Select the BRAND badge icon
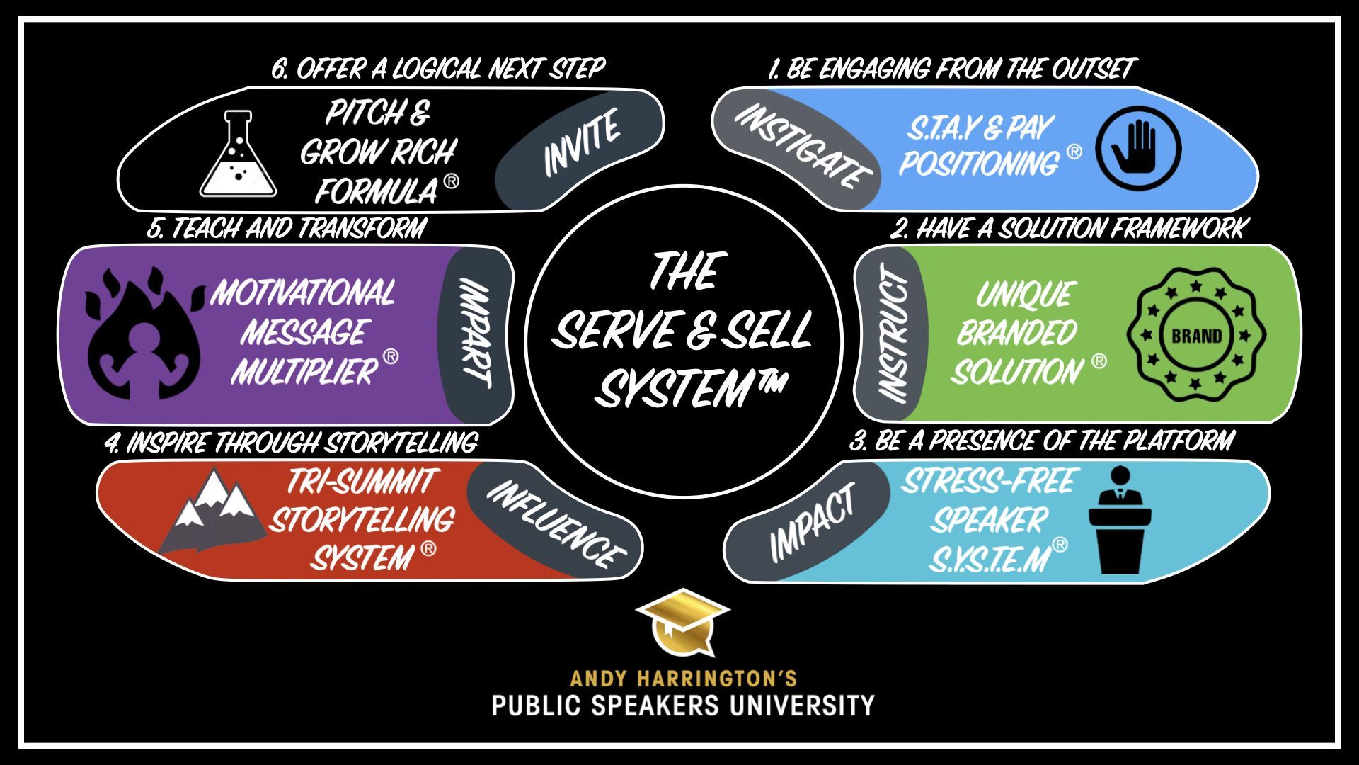[x=1196, y=334]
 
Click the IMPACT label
[x=813, y=523]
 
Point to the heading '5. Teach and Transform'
[x=287, y=228]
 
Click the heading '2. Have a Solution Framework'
[x=1069, y=229]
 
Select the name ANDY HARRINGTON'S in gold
[x=684, y=679]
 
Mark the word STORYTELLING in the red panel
[x=362, y=521]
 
